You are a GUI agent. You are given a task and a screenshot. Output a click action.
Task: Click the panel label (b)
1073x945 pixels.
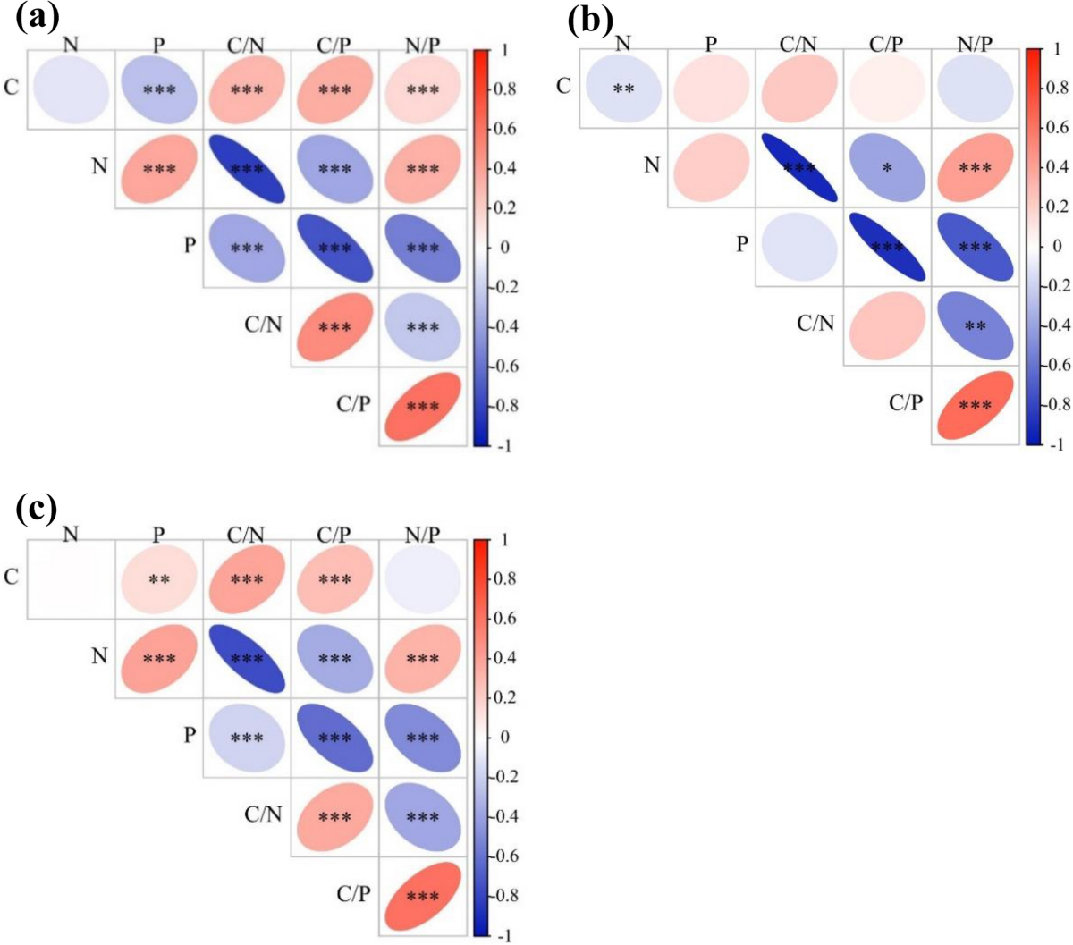590,19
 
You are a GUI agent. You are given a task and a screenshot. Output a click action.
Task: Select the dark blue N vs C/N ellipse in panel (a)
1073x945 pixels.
247,169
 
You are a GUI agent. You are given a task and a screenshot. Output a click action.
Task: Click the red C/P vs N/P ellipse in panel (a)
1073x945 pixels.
423,407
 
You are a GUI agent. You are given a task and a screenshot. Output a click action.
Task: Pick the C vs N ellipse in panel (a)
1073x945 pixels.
72,89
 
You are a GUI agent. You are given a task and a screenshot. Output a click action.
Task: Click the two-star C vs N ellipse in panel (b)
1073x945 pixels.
623,89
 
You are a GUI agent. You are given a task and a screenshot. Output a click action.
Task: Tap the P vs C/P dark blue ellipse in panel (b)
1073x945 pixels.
887,247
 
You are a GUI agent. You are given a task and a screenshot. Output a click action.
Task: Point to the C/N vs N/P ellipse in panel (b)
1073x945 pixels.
975,326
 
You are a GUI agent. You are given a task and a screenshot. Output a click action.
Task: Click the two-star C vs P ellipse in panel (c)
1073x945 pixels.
159,579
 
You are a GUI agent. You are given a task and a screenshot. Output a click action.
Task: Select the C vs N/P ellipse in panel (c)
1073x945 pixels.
423,579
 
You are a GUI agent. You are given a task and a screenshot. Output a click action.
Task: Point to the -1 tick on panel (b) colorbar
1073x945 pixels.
1055,444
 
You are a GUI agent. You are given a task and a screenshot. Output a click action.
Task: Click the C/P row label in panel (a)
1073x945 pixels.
353,404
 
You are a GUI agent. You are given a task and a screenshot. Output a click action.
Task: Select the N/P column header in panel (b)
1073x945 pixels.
975,43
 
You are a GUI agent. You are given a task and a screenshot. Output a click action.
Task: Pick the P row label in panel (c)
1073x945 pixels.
190,735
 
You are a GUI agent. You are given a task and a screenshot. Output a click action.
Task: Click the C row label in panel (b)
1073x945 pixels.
563,86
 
